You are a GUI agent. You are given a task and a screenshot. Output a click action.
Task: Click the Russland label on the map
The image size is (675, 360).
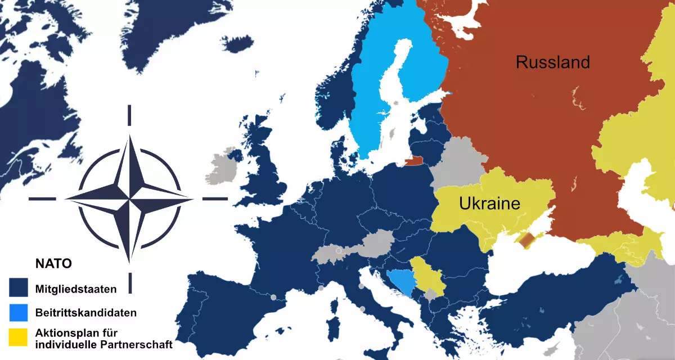[552, 62]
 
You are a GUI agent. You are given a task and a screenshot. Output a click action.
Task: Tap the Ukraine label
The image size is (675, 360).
[489, 203]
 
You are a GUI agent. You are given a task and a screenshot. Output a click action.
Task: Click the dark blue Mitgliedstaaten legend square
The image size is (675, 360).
[19, 288]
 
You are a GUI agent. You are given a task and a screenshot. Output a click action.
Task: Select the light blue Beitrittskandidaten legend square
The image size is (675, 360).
[19, 312]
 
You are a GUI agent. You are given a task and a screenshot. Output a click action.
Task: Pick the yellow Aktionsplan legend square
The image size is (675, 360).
[19, 336]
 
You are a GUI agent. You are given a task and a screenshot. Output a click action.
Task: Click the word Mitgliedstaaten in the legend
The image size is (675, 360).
[76, 290]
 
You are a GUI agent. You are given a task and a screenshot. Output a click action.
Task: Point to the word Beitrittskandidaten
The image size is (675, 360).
[85, 312]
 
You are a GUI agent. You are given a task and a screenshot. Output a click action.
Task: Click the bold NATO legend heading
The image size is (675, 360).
[53, 263]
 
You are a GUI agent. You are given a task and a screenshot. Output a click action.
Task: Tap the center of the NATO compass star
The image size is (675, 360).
[129, 199]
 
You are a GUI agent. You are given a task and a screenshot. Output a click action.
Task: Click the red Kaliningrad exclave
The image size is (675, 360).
[414, 161]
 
